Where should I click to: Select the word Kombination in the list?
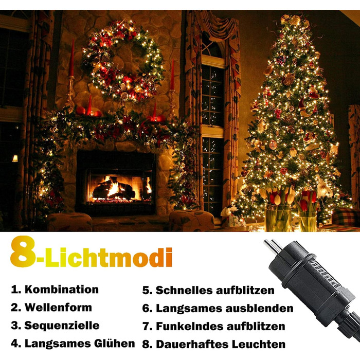click(61, 290)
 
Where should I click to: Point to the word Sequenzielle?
click(62, 326)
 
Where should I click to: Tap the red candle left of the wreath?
click(71, 59)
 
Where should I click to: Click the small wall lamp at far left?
click(15, 158)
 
